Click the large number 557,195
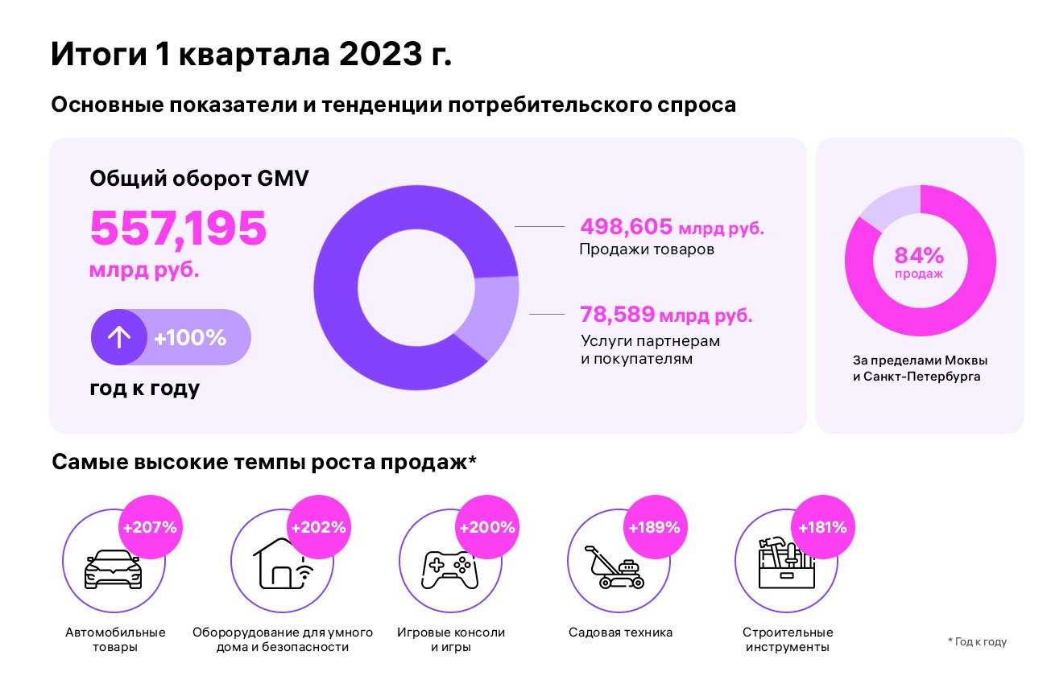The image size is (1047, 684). pyautogui.click(x=178, y=229)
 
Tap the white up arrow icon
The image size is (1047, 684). pyautogui.click(x=118, y=337)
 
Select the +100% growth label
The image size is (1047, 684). pyautogui.click(x=190, y=338)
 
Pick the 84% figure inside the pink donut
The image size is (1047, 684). pyautogui.click(x=919, y=257)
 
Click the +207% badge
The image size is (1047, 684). pyautogui.click(x=150, y=528)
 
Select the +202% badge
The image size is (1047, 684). pyautogui.click(x=318, y=528)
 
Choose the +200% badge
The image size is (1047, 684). pyautogui.click(x=486, y=528)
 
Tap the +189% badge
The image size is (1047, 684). pyautogui.click(x=655, y=528)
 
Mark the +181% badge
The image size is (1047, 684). pyautogui.click(x=822, y=528)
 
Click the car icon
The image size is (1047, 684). pyautogui.click(x=113, y=569)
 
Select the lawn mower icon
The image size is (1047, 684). pyautogui.click(x=615, y=567)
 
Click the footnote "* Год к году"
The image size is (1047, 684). pyautogui.click(x=977, y=641)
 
